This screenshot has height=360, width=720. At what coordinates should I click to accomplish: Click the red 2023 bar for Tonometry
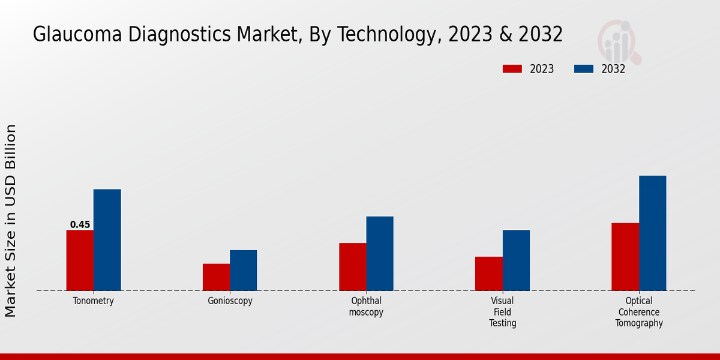coord(80,260)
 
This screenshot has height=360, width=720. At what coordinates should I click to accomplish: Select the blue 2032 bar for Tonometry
coord(107,240)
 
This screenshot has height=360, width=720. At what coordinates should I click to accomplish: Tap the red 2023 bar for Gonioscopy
coord(216,277)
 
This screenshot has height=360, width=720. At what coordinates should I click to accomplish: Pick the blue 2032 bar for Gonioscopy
coord(243,271)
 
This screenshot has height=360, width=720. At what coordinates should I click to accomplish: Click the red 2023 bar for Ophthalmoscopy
coord(352,267)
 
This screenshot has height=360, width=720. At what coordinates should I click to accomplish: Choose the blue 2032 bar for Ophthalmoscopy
coord(380,254)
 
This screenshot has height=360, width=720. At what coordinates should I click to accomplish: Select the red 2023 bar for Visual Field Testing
coord(488,274)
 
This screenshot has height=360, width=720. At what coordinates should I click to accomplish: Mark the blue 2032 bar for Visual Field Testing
coord(516,260)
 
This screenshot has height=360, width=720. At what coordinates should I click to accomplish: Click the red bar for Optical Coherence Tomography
coord(625,257)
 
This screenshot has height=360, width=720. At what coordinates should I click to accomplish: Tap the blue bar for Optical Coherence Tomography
coord(652,233)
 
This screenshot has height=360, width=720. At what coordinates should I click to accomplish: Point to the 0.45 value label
coord(80,225)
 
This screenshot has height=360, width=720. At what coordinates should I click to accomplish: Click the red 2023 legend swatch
coord(512,69)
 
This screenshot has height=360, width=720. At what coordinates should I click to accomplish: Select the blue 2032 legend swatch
coord(583,69)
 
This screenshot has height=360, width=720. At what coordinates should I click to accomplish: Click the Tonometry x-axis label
coord(94,301)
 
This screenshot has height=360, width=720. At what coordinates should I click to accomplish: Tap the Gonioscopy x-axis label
coord(230,301)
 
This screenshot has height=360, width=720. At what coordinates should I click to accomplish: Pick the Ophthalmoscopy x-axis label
coord(366,307)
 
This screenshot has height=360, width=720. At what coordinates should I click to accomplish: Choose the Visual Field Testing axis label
coord(502,312)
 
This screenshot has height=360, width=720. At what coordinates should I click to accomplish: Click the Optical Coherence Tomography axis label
coord(639,312)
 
